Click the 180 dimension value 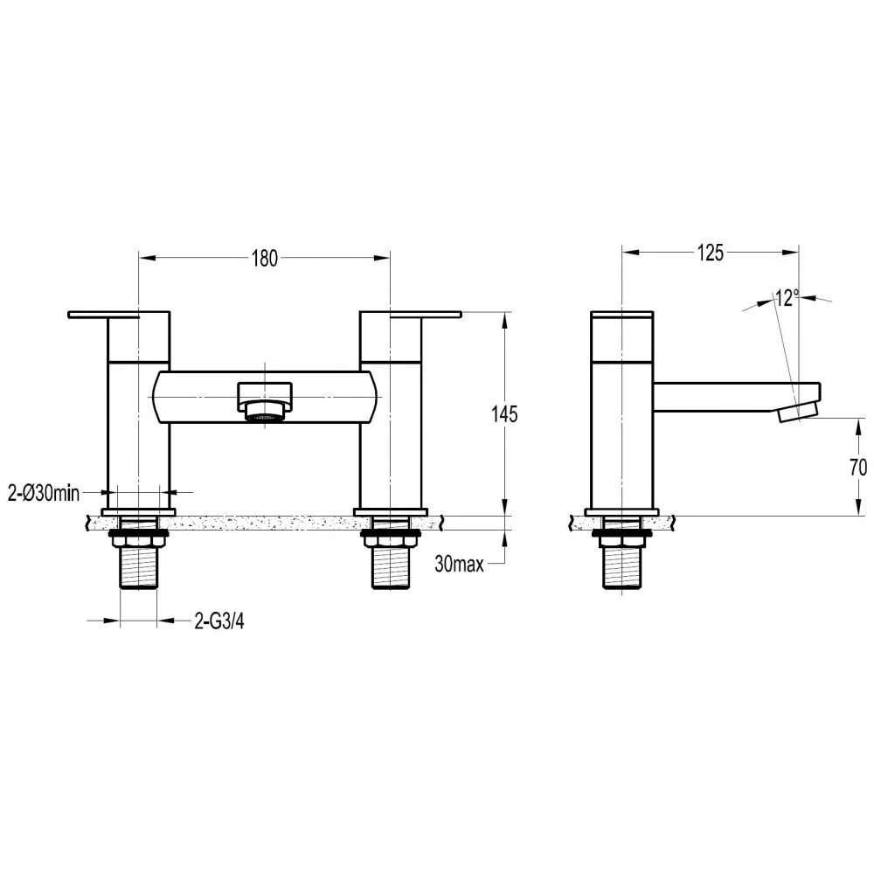click(x=264, y=258)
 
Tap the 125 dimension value click(x=711, y=253)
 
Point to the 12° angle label click(x=786, y=298)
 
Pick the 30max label click(x=460, y=565)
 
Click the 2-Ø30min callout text click(x=44, y=494)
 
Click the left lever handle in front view click(x=118, y=314)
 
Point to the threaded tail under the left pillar click(x=138, y=568)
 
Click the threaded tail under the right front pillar click(x=391, y=568)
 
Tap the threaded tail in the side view click(x=621, y=568)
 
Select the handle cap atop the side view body click(x=621, y=315)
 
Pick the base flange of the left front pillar click(x=138, y=511)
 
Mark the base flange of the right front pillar click(x=391, y=511)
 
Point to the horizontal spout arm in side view click(x=725, y=397)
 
